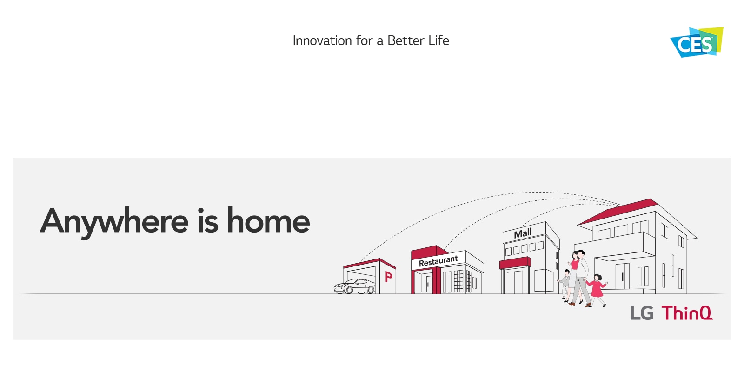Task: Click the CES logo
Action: [x=697, y=42]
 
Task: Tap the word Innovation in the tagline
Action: [x=322, y=40]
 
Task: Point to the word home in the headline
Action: [x=268, y=220]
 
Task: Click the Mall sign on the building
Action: [x=523, y=233]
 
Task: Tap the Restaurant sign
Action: [x=438, y=261]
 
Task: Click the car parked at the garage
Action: [x=354, y=286]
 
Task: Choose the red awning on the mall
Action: [x=515, y=263]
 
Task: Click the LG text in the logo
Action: [x=642, y=313]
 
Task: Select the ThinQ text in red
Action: [x=687, y=313]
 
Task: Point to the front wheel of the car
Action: [x=349, y=290]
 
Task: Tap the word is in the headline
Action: [x=208, y=220]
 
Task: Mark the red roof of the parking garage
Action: [x=370, y=263]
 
